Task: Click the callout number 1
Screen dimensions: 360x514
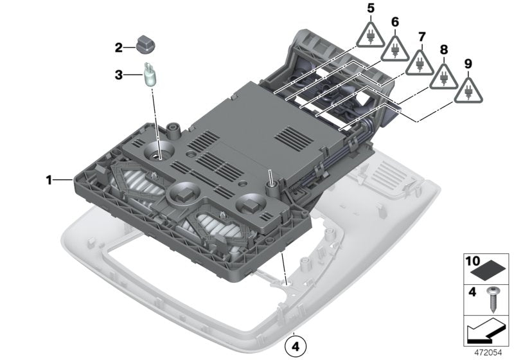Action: click(48, 181)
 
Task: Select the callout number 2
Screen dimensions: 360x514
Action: click(118, 47)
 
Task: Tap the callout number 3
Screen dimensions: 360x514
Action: click(118, 75)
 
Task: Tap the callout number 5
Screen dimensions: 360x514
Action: click(370, 8)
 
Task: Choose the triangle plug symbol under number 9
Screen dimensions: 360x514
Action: click(468, 91)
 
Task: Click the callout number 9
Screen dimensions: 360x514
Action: click(468, 64)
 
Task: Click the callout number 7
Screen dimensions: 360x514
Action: click(421, 36)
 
